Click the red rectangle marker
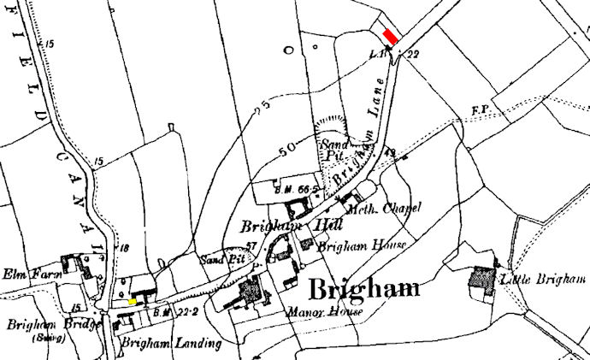click(x=390, y=37)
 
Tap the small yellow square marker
click(x=133, y=302)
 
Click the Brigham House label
click(x=349, y=245)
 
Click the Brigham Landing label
click(x=171, y=344)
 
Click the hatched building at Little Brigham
click(x=483, y=280)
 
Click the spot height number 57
click(x=251, y=247)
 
